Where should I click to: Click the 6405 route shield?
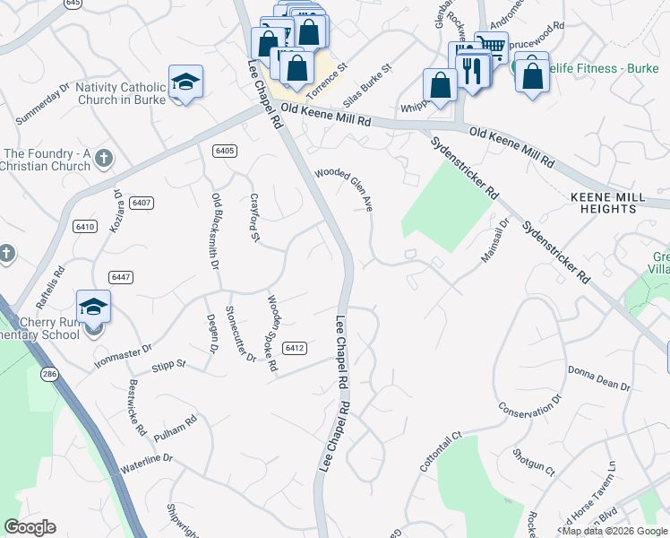click(225, 151)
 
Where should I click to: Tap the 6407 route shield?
click(141, 203)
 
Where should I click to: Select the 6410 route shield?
click(85, 226)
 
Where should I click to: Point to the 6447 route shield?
click(122, 277)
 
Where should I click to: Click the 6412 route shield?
click(295, 347)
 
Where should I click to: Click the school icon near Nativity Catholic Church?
click(185, 82)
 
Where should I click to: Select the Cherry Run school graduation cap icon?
click(93, 308)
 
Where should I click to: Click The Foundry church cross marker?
click(104, 160)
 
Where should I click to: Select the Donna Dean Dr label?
click(599, 377)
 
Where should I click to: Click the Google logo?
click(30, 527)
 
